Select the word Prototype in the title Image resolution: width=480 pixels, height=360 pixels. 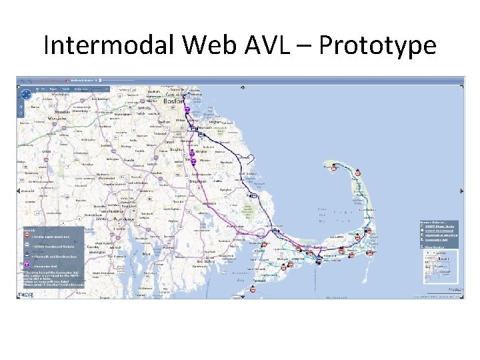coord(377,45)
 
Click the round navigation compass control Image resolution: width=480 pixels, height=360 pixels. coord(25,95)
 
